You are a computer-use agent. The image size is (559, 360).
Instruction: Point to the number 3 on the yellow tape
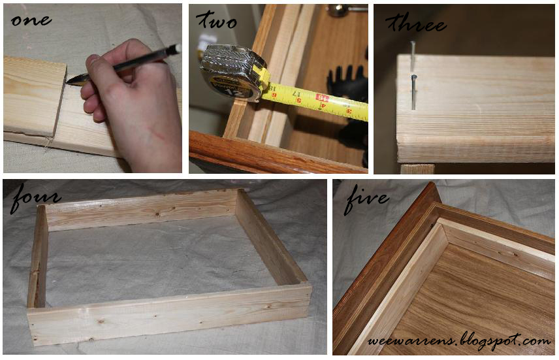pyautogui.click(x=348, y=112)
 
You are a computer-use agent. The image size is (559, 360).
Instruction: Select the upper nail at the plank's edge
pyautogui.click(x=413, y=52)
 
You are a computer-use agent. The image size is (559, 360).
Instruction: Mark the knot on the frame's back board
pyautogui.click(x=142, y=208)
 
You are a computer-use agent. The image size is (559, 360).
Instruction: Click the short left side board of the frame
pyautogui.click(x=38, y=258)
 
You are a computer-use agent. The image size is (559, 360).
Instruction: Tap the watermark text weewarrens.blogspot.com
pyautogui.click(x=459, y=340)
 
